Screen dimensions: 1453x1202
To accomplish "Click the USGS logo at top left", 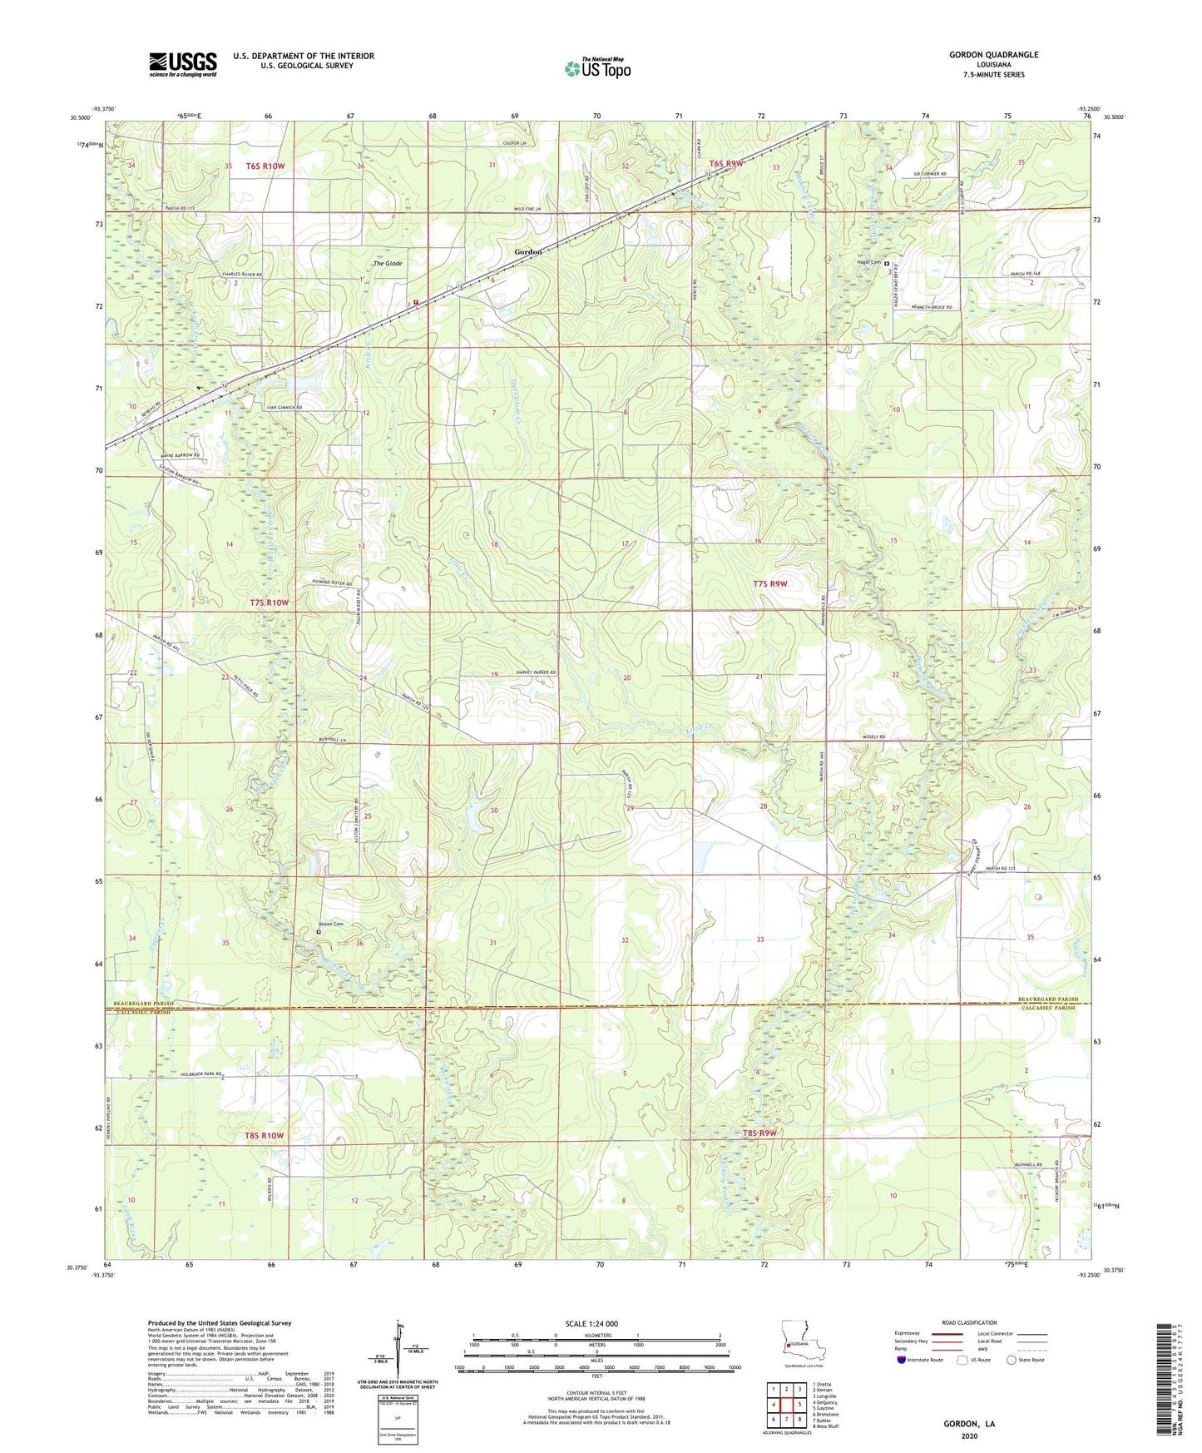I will [x=183, y=64].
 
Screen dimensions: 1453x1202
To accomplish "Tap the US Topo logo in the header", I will [x=597, y=68].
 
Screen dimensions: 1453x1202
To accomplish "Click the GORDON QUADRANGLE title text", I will [x=993, y=55].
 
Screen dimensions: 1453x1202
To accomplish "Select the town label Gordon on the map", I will [x=527, y=251].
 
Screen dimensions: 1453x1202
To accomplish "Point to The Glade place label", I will [x=387, y=264].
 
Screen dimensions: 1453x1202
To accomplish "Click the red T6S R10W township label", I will [x=265, y=166].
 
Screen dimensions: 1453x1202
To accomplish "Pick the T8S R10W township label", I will [x=264, y=1135].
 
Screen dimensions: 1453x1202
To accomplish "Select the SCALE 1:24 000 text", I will [x=591, y=1324].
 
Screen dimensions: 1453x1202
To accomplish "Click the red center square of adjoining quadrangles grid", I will [x=786, y=1403].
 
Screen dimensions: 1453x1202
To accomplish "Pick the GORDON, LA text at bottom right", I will [x=968, y=1424].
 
